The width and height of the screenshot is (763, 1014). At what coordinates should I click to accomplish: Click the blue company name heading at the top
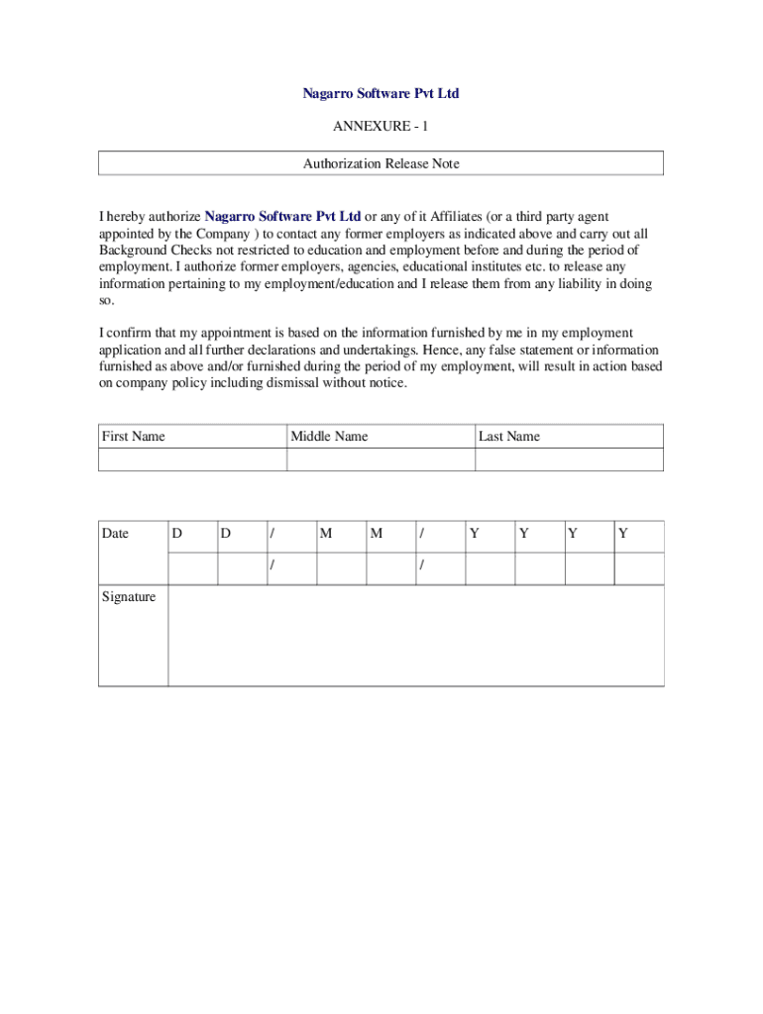tap(381, 94)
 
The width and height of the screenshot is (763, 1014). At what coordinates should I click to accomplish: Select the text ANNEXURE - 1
tap(381, 127)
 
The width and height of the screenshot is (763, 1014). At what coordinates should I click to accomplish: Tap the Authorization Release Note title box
tap(381, 163)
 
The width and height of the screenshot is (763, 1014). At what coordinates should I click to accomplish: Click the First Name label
tap(134, 437)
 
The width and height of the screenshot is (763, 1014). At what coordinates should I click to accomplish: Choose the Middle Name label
tap(329, 437)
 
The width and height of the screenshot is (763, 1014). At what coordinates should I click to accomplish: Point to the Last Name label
tap(509, 437)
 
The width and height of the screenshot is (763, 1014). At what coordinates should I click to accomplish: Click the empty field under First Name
tap(192, 459)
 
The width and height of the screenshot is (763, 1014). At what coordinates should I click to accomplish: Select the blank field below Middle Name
tap(381, 459)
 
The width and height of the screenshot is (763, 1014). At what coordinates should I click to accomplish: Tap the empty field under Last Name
tap(569, 459)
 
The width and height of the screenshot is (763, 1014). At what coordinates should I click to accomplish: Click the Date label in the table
tap(116, 534)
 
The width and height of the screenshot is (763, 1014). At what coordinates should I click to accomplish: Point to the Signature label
tap(129, 597)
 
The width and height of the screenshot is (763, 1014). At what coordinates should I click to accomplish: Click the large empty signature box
tap(415, 635)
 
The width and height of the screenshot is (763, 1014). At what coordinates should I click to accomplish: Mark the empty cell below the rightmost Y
tap(639, 568)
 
